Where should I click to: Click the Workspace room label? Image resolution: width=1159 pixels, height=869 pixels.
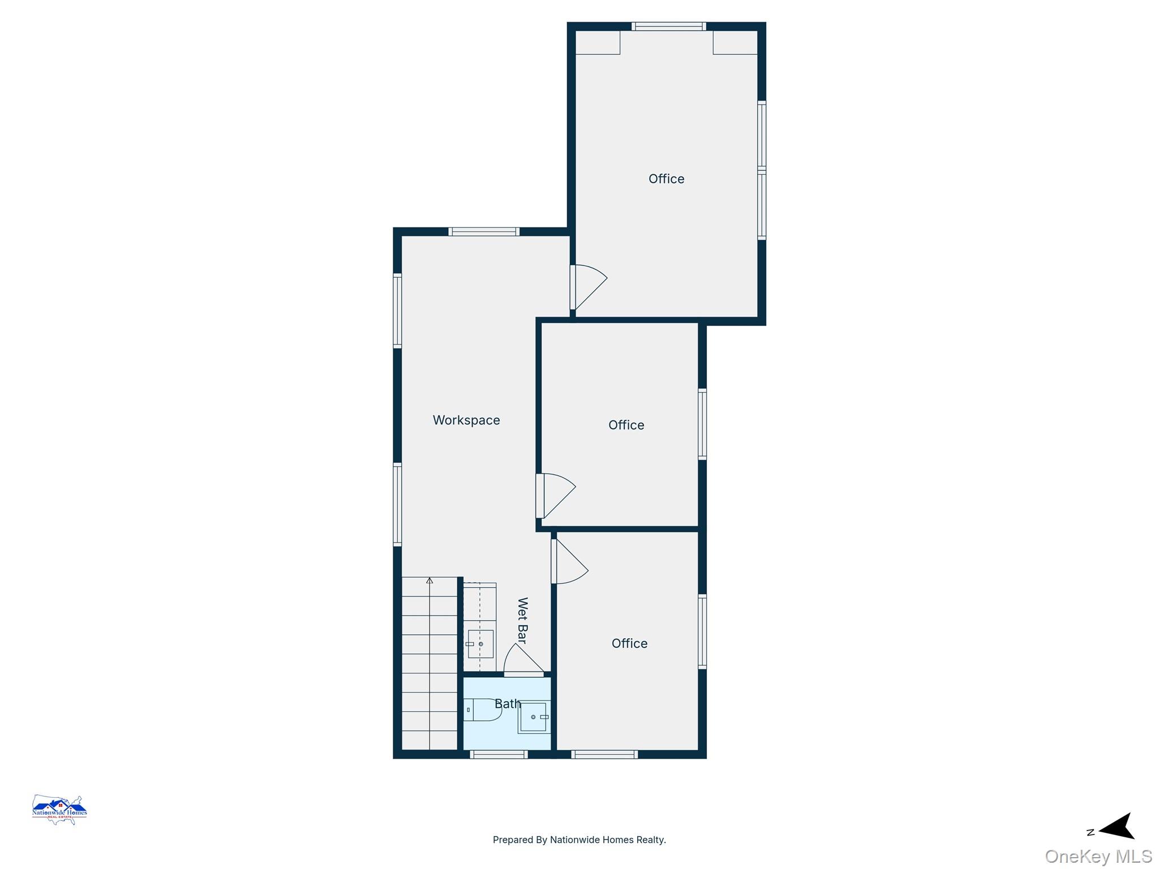point(466,420)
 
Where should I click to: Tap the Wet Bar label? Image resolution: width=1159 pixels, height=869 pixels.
point(522,621)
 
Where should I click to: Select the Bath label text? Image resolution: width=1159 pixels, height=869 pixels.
point(508,704)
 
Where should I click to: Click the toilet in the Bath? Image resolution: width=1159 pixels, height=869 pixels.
point(483,709)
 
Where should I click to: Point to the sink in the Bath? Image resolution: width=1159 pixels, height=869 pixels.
point(534,717)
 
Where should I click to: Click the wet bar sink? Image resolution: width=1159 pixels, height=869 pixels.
point(480,644)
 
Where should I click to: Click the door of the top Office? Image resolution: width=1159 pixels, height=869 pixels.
point(589,287)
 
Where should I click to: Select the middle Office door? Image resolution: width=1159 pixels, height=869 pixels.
point(556,496)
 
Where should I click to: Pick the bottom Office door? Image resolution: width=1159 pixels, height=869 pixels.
point(570,561)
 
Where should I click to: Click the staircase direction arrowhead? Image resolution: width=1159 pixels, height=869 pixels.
point(430,580)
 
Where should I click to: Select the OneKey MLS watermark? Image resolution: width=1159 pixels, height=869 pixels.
point(1098,857)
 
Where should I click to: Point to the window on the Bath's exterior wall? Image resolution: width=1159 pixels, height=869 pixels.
point(499,754)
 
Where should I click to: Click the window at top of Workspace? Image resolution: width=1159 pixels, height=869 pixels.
point(484,231)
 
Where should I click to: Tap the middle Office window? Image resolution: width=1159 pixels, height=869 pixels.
point(702,424)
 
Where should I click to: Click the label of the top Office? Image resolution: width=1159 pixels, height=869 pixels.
point(666,179)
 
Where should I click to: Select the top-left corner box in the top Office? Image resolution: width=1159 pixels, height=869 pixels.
point(598,42)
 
